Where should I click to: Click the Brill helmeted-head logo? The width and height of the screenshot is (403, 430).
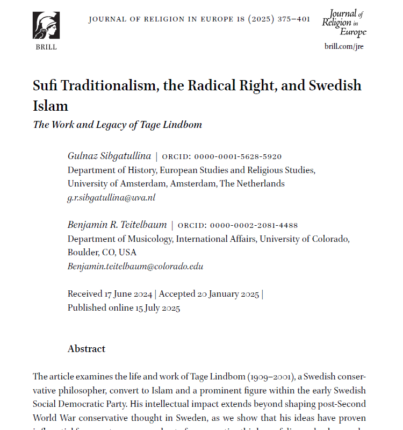[46, 25]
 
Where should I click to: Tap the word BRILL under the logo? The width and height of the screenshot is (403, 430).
[46, 47]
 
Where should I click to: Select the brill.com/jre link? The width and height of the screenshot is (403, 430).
[344, 46]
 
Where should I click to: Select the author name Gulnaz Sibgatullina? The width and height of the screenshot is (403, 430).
[109, 156]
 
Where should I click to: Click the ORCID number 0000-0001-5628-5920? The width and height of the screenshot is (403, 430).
[238, 157]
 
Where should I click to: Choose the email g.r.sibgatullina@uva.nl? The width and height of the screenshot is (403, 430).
[111, 197]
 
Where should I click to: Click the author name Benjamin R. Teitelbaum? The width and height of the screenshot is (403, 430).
[117, 225]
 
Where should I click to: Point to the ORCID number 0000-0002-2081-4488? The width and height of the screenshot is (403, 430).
[254, 225]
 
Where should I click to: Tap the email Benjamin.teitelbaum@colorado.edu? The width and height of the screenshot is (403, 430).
[135, 266]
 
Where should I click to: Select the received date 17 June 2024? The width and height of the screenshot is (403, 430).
[128, 294]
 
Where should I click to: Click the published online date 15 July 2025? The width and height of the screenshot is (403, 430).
[157, 308]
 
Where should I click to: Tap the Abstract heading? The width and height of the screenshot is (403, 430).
[87, 349]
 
